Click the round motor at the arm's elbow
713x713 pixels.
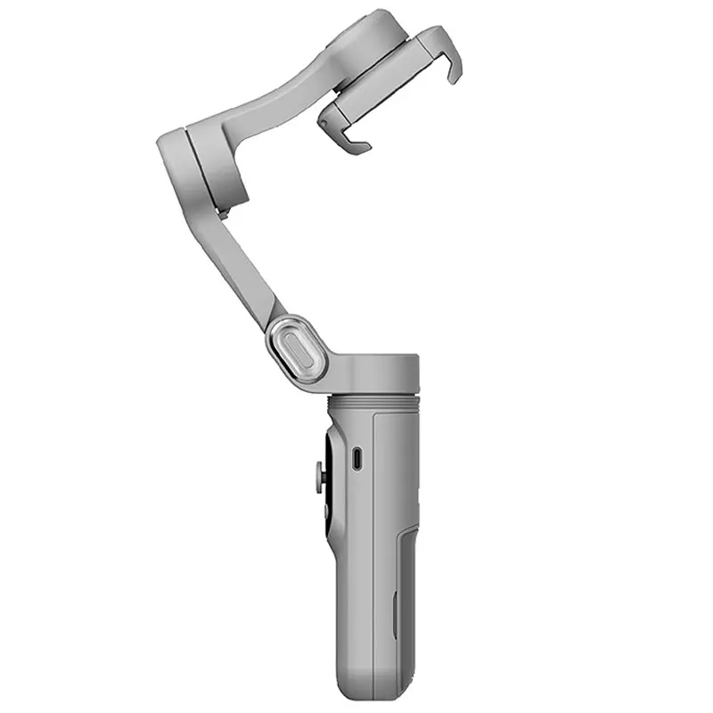tap(201, 169)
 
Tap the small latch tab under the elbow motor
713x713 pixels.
tap(223, 214)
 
